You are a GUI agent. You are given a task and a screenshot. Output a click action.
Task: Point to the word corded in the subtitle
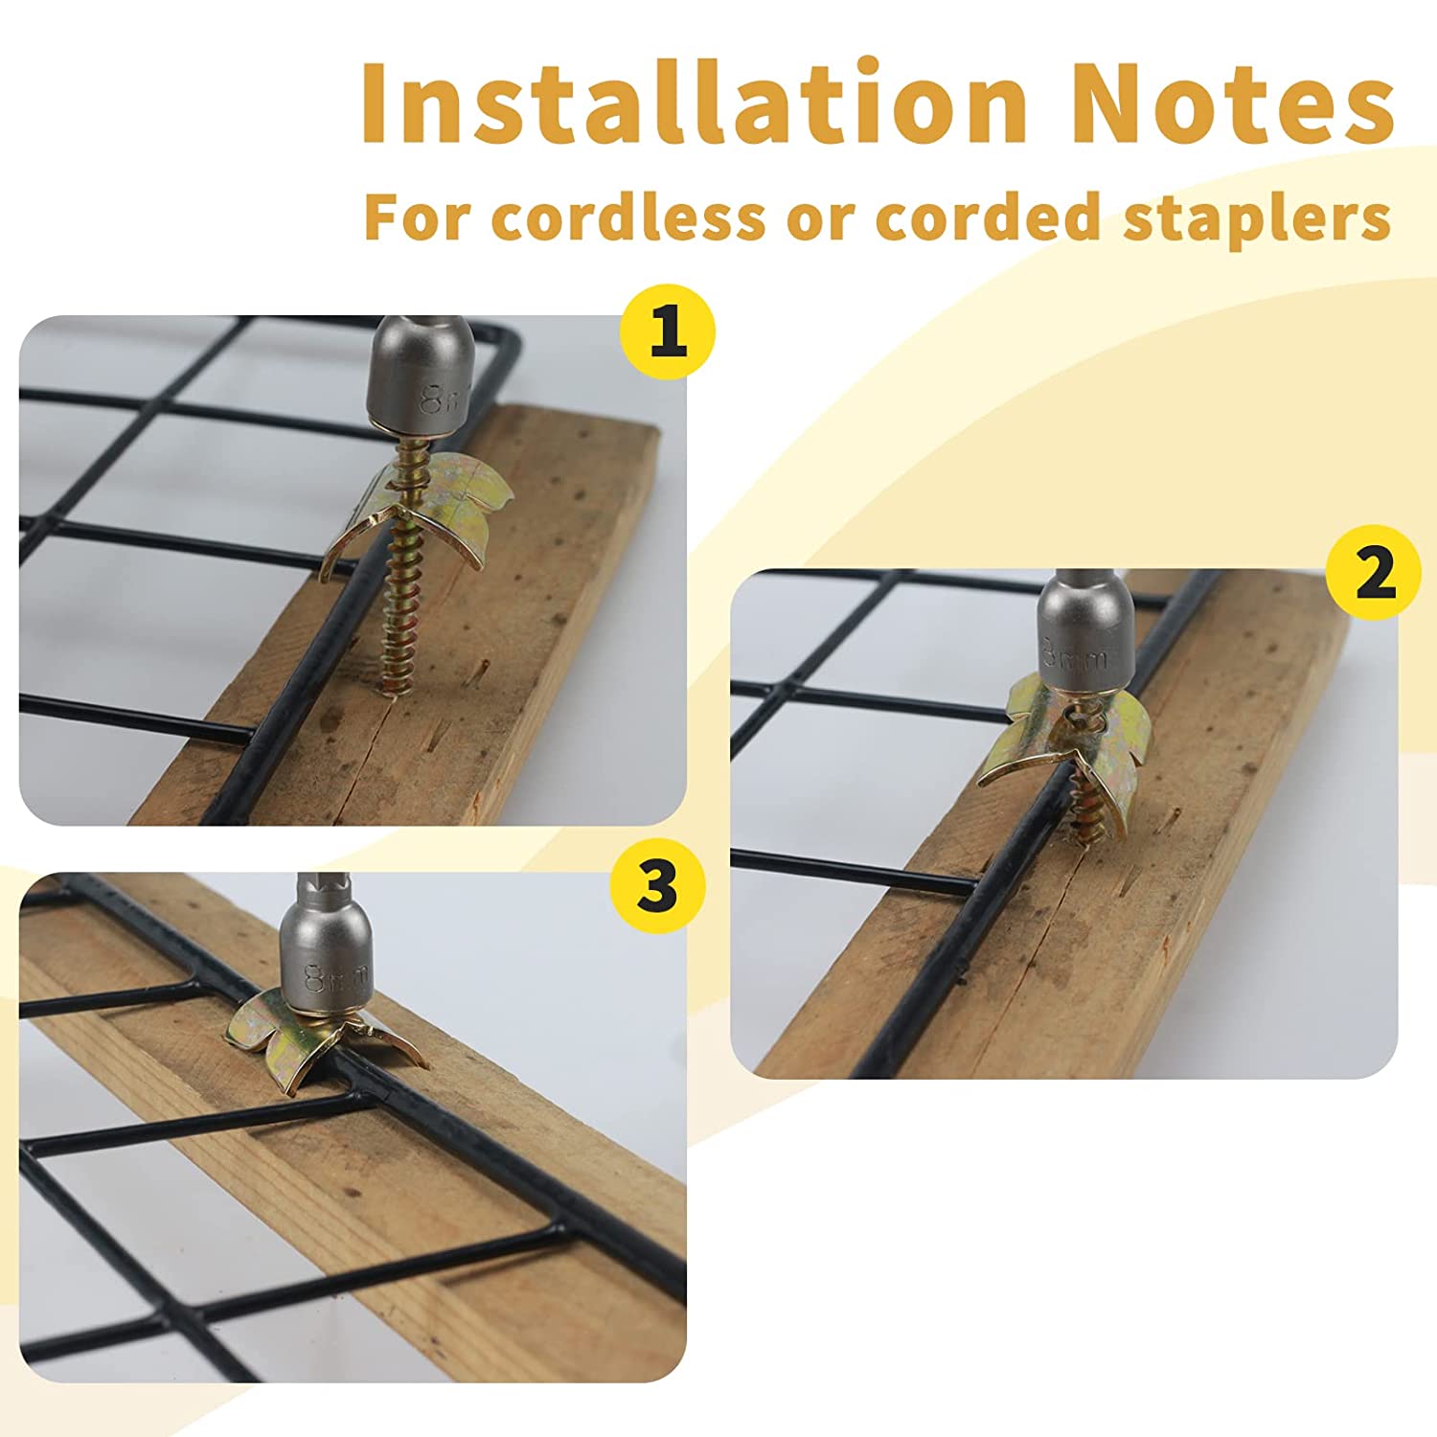coord(988,217)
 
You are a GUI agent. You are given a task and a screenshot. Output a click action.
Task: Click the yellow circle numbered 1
coord(668,333)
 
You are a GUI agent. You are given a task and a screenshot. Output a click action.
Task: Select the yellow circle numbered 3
coord(657,885)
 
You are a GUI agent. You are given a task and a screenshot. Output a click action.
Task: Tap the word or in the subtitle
coord(820,224)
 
